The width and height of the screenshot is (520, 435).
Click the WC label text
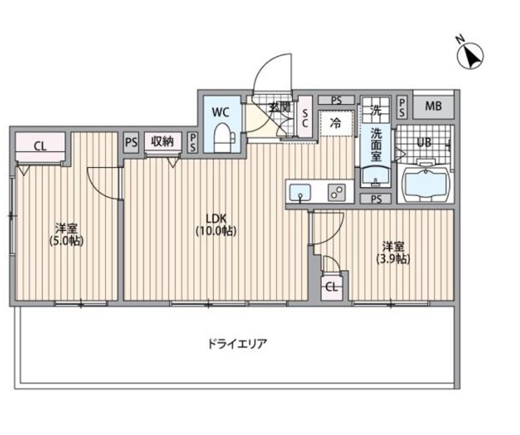click(x=220, y=113)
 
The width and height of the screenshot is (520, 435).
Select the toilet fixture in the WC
click(x=222, y=137)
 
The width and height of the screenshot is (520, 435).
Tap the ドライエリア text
click(x=237, y=344)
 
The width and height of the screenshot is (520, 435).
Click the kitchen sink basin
click(x=300, y=192)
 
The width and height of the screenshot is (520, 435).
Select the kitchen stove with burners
click(x=336, y=192)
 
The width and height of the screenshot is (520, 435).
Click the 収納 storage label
click(x=162, y=142)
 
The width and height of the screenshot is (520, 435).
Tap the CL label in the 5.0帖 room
click(x=40, y=146)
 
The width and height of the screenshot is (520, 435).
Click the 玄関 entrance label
click(x=280, y=108)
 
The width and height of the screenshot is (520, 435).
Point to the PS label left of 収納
click(x=131, y=142)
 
